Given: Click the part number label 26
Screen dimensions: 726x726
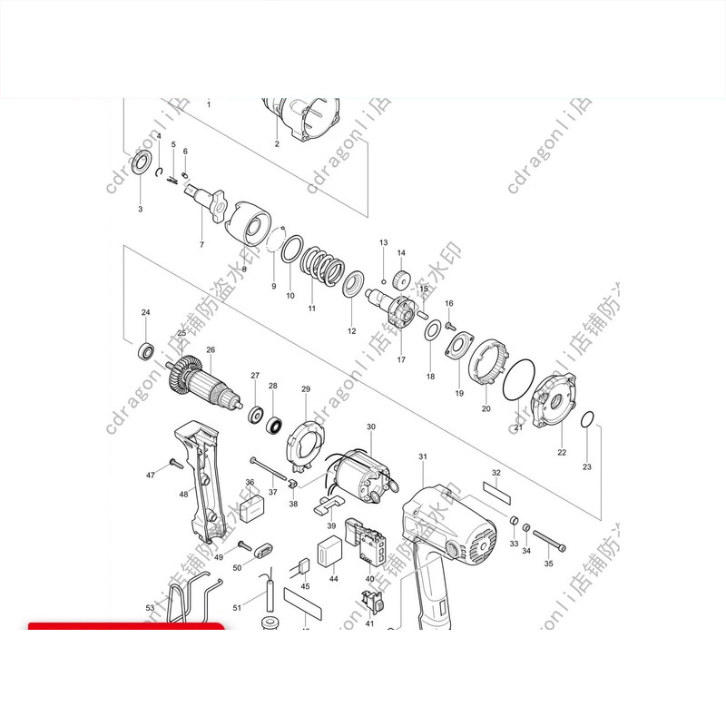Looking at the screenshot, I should point(211,350).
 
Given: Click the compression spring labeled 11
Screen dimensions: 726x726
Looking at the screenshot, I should point(320,265).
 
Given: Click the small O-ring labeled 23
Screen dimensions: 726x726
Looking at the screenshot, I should point(587,420).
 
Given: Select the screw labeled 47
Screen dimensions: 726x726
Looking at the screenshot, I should point(172,466).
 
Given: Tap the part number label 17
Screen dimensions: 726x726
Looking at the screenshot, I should point(401,359).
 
